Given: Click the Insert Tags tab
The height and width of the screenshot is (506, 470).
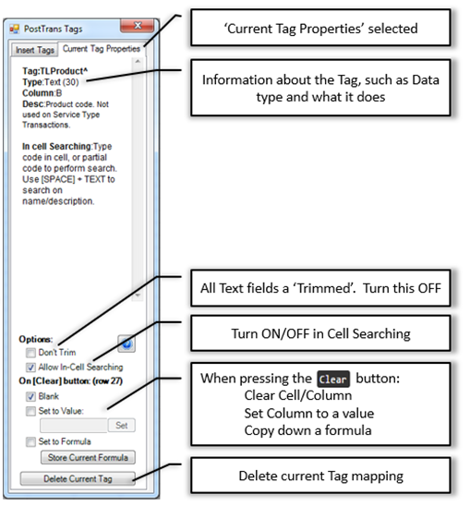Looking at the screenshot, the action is pos(35,50).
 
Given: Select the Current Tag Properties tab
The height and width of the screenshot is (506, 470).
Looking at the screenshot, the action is pos(102,49).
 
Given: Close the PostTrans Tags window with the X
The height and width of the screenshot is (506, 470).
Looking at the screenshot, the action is pos(138,26).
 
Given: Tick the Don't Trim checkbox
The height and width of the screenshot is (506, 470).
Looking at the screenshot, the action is pos(30,353).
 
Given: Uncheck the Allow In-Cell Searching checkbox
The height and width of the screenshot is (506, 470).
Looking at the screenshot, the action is pos(30,367).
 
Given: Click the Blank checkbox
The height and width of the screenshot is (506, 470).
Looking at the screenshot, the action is pos(30,396).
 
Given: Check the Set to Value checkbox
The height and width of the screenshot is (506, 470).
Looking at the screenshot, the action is pos(30,411).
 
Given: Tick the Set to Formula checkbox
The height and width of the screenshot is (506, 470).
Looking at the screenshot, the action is pos(30,441).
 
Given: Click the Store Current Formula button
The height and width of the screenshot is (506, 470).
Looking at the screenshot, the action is pos(88,457).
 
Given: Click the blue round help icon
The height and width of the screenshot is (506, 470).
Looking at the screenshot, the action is pos(127,343).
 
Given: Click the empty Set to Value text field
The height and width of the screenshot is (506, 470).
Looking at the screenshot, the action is pos(73,426).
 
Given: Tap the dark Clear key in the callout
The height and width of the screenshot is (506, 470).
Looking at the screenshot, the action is pos(332,379).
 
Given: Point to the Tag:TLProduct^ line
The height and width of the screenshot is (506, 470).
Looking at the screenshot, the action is pos(54,71).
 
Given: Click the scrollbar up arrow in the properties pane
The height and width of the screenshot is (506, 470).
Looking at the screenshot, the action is pos(138,61).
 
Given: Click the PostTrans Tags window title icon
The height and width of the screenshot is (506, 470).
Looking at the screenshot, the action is pos(15,29).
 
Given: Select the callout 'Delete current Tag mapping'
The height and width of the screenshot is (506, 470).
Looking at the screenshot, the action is pos(320,476).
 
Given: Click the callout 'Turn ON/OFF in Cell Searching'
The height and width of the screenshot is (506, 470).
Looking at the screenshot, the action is pos(320,333).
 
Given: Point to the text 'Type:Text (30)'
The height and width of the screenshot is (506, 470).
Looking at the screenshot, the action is pos(51,82).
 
